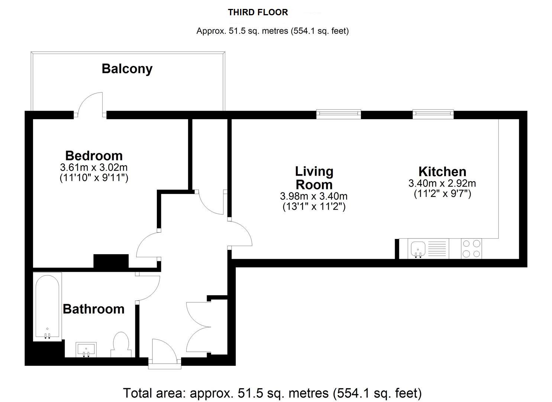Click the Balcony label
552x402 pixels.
[127, 69]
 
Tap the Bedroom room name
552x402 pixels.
[94, 155]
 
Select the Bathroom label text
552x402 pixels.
[94, 309]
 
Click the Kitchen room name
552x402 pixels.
[442, 172]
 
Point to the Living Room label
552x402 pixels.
[314, 178]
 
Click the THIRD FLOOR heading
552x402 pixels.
[258, 12]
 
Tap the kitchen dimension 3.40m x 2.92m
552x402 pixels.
[442, 183]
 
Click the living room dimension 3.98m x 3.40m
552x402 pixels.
[314, 196]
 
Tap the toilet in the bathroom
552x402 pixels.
[120, 345]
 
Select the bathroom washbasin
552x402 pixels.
[86, 350]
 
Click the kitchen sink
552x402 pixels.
[419, 248]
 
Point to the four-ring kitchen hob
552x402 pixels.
[471, 249]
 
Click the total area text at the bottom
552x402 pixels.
[272, 393]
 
